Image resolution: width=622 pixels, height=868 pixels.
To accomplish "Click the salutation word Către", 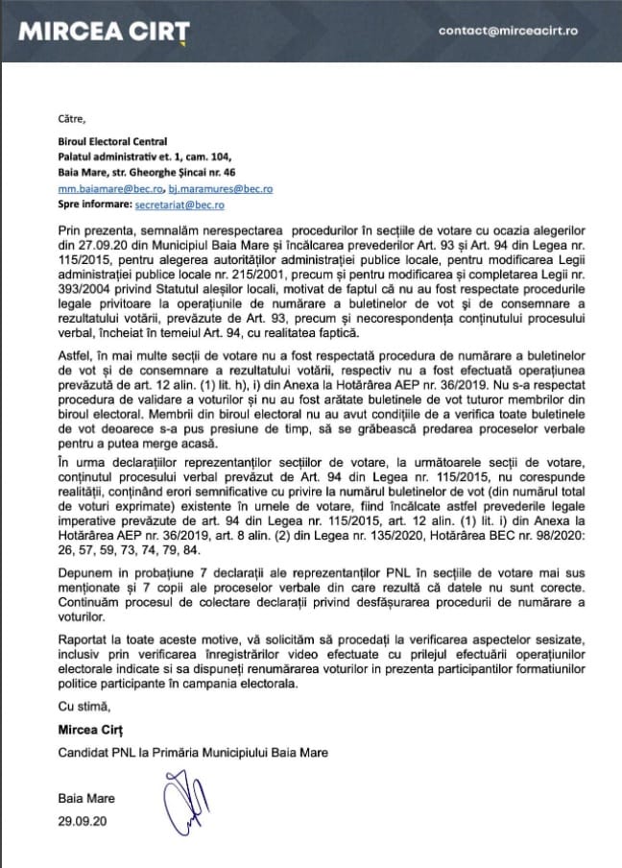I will point(71,119).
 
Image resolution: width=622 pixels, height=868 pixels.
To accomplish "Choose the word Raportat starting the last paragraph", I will point(84,638).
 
